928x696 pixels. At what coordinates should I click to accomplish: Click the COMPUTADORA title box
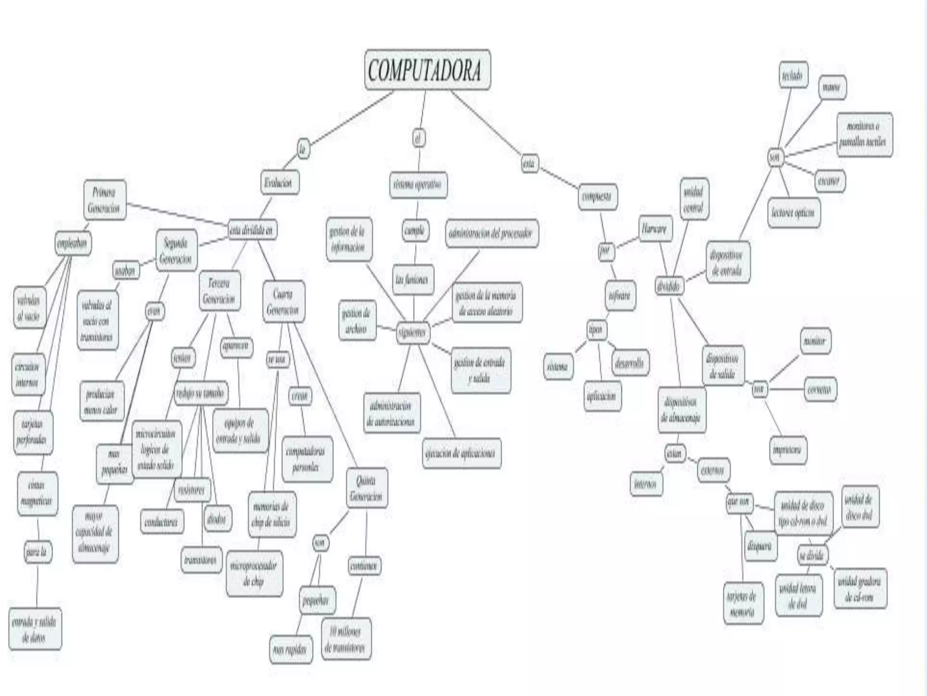[x=427, y=70]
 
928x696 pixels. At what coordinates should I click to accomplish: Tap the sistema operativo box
[x=418, y=185]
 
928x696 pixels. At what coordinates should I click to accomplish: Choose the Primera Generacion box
[x=105, y=200]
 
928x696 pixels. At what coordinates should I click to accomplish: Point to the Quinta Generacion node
[x=366, y=488]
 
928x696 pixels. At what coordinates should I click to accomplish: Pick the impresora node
[x=788, y=449]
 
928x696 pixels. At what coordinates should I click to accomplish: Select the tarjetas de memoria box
[x=743, y=604]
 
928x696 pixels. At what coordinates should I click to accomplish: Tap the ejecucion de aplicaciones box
[x=461, y=453]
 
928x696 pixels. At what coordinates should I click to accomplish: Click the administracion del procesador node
[x=492, y=233]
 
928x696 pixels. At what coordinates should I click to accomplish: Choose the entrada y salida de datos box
[x=35, y=629]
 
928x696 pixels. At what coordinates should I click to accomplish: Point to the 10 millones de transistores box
[x=346, y=638]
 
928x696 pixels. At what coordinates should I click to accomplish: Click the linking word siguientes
[x=412, y=332]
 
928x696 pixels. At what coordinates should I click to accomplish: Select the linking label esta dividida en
[x=252, y=230]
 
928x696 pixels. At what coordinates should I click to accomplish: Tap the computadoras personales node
[x=307, y=459]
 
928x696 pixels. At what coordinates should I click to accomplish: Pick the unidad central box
[x=694, y=199]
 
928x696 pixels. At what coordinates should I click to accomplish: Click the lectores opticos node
[x=793, y=212]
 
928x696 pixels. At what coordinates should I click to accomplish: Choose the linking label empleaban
[x=72, y=243]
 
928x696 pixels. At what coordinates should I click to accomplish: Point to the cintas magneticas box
[x=37, y=493]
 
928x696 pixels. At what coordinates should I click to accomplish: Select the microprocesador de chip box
[x=254, y=573]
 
